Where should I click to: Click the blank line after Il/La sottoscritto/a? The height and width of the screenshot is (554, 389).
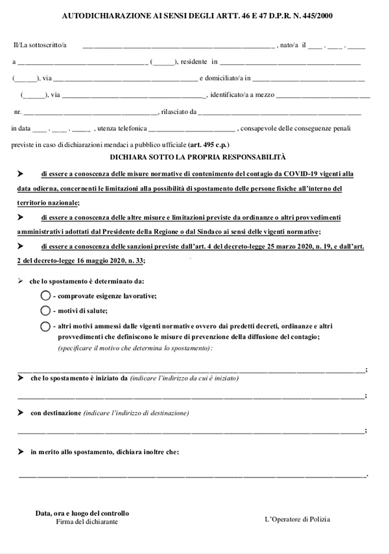point(178,46)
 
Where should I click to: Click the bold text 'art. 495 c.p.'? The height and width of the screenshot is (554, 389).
point(208,144)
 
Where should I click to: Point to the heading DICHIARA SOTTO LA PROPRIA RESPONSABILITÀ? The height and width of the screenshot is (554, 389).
point(197,157)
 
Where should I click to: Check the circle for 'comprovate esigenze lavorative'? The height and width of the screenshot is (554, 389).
point(45,295)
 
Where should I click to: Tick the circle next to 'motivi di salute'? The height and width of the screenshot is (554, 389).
point(45,310)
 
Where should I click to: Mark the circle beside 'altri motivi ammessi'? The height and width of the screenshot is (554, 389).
point(45,326)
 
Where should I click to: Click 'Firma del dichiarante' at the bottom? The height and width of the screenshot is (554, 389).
point(87,522)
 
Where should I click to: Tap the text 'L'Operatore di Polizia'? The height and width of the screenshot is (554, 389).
point(297,520)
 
